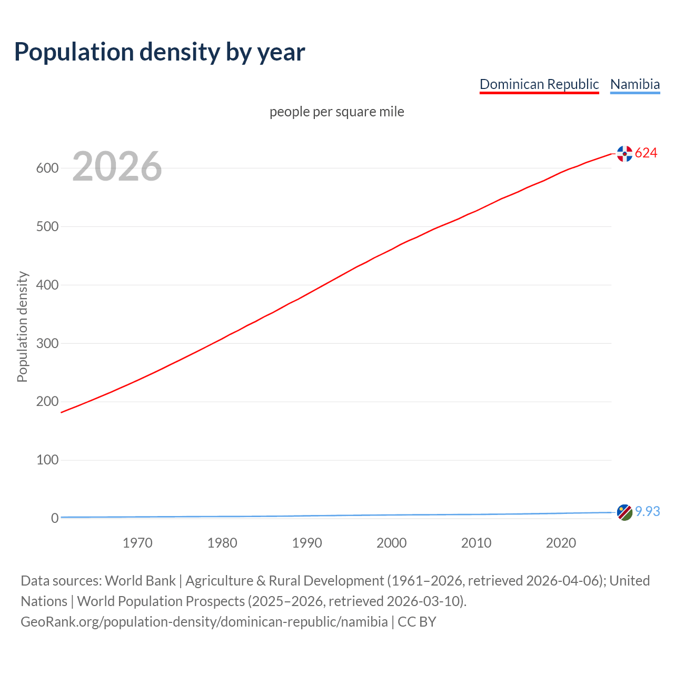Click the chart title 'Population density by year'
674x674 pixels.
click(x=160, y=52)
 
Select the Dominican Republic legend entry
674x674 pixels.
click(x=539, y=84)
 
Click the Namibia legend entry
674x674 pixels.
click(x=635, y=84)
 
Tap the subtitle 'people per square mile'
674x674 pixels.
click(x=336, y=112)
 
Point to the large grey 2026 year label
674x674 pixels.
click(x=117, y=166)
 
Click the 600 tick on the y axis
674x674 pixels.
click(x=47, y=168)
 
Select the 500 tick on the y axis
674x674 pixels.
click(x=47, y=227)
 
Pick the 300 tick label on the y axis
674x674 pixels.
click(x=47, y=343)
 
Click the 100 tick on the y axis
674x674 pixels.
click(x=47, y=460)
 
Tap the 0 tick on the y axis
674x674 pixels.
click(x=55, y=519)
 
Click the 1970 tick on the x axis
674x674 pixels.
click(x=137, y=543)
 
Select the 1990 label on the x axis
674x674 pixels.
click(x=307, y=543)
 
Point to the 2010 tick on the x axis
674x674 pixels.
click(x=476, y=543)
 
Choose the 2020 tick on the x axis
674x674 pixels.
click(x=561, y=543)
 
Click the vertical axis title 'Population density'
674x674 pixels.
click(x=22, y=326)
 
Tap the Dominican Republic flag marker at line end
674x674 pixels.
click(x=625, y=154)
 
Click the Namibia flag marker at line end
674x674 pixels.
click(x=625, y=512)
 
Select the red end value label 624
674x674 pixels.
click(x=646, y=153)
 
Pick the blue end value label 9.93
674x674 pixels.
click(x=647, y=512)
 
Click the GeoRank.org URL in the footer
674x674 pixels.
click(x=204, y=622)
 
